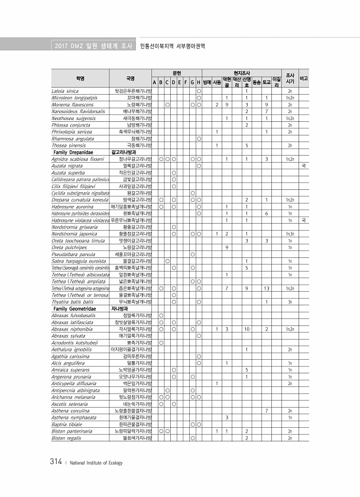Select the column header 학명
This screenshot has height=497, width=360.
pyautogui.click(x=80, y=78)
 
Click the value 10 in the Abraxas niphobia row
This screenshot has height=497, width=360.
pyautogui.click(x=247, y=328)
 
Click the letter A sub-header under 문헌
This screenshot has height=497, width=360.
pyautogui.click(x=155, y=82)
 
